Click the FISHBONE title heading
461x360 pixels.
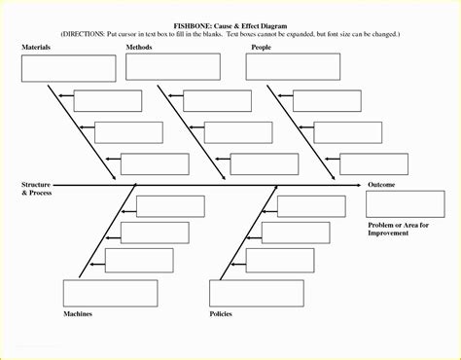tap(230, 22)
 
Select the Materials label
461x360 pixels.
tap(36, 47)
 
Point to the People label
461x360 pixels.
tap(261, 47)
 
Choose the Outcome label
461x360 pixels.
tap(382, 184)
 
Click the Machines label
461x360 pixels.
tap(79, 315)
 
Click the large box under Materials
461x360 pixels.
tap(63, 68)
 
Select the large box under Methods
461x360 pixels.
tap(172, 66)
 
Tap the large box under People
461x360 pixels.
tap(293, 66)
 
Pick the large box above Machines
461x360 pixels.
tap(103, 293)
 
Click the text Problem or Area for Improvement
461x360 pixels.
tap(400, 230)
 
